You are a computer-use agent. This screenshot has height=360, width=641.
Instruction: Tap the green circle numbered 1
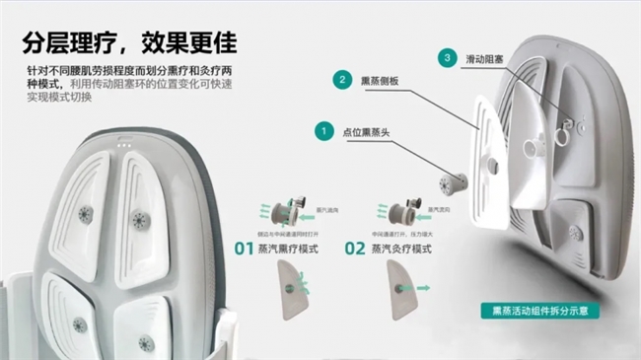point(321,129)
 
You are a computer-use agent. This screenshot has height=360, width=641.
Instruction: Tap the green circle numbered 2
point(341,79)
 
